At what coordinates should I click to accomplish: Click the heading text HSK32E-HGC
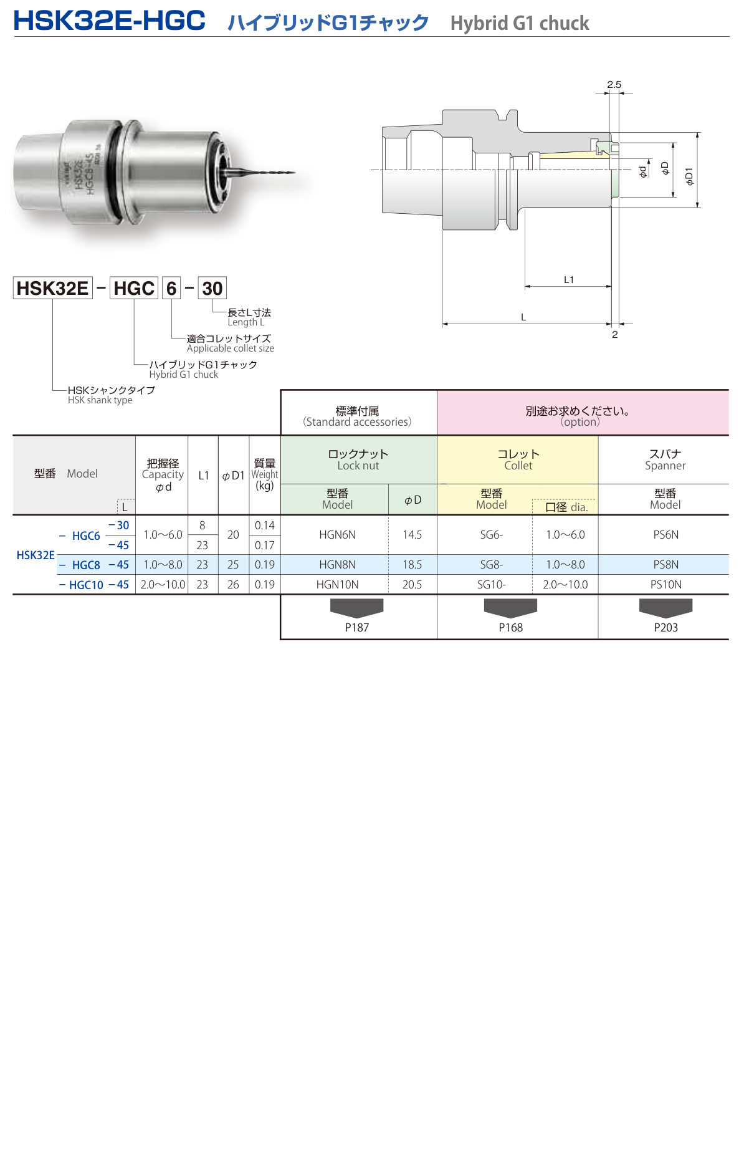[109, 21]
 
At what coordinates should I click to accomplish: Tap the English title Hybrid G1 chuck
[519, 24]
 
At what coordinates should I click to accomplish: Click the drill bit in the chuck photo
[262, 171]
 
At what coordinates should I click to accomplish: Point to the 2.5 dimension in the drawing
[614, 85]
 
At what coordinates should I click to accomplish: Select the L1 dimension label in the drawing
[568, 280]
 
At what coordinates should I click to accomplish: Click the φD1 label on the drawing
[689, 176]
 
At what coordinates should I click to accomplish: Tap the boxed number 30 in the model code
[212, 289]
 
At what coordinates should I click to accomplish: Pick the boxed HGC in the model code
[134, 289]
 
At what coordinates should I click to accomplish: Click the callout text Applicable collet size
[230, 348]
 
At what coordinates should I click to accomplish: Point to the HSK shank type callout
[100, 400]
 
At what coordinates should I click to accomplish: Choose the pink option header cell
[582, 413]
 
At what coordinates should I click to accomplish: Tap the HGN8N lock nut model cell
[337, 565]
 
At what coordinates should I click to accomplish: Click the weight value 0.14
[264, 526]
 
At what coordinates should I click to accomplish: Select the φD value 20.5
[412, 585]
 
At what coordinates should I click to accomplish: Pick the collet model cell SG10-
[491, 585]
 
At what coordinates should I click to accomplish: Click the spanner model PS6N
[665, 535]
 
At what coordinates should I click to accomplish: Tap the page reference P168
[510, 628]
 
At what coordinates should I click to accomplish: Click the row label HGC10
[86, 585]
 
